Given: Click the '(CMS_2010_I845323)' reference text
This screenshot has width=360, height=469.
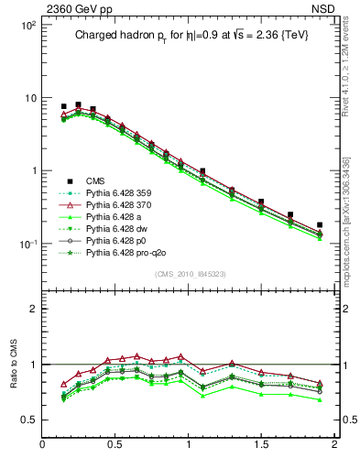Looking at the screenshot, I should point(189,274).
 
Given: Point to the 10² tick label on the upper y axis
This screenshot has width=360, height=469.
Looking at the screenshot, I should point(27,26).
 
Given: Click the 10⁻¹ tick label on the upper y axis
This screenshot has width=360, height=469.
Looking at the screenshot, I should point(27,244).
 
